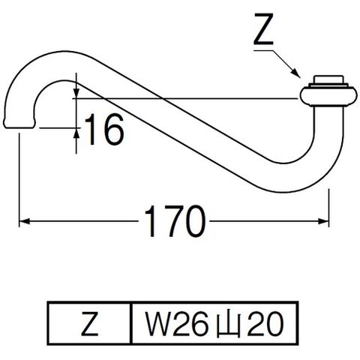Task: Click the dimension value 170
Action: (x=175, y=221)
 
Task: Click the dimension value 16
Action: (x=104, y=129)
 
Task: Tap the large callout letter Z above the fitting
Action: (x=263, y=29)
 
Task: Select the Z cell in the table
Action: (x=89, y=323)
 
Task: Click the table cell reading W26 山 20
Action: (x=214, y=323)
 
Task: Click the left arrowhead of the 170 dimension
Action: (x=25, y=221)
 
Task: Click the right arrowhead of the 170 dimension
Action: (x=323, y=221)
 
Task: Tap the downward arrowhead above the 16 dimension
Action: (x=76, y=93)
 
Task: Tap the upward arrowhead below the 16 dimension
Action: (x=76, y=133)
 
